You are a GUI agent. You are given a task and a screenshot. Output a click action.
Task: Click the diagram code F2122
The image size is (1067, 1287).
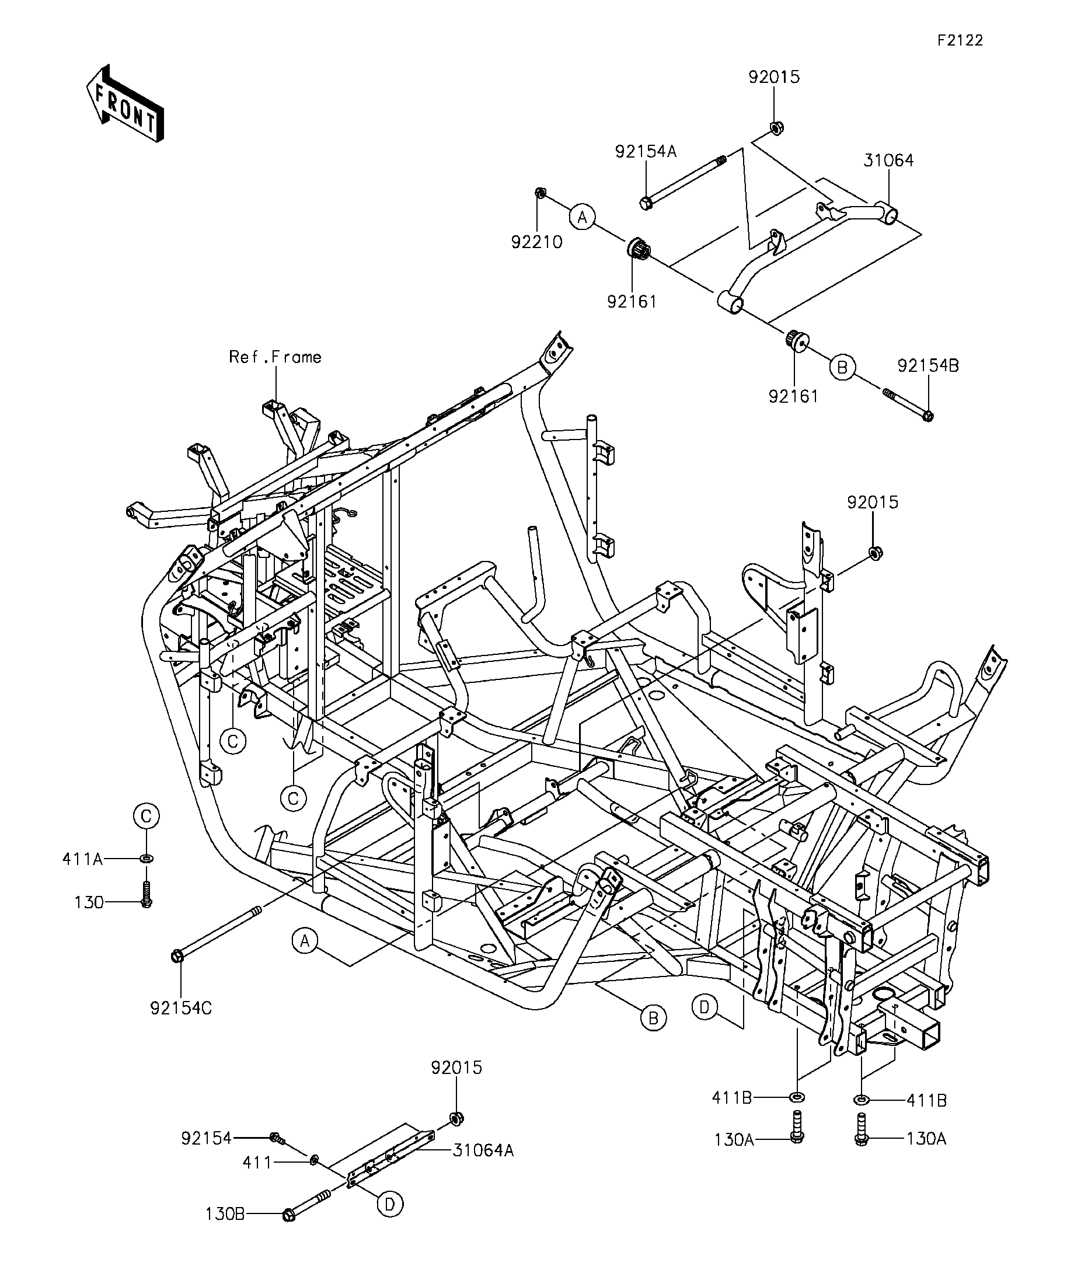960,40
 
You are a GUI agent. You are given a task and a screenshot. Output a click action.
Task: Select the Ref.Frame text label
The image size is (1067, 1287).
275,357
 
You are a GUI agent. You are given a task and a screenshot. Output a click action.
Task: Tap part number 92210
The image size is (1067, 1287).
537,242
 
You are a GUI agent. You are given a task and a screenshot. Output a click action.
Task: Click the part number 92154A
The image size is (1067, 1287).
646,151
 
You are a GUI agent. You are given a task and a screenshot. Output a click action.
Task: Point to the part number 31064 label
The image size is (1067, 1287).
888,161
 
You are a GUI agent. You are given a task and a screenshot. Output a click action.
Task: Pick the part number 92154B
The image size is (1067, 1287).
928,366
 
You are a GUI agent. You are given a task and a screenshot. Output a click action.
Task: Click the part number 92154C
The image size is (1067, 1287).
181,1008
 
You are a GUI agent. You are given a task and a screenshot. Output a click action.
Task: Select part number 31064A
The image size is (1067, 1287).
483,1150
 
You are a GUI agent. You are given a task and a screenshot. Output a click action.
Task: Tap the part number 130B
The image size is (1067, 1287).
225,1214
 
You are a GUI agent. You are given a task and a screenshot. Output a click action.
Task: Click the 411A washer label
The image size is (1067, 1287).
82,859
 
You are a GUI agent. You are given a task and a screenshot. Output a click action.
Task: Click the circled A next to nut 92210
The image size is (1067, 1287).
582,217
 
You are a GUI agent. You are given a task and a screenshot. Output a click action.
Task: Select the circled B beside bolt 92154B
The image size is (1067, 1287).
842,367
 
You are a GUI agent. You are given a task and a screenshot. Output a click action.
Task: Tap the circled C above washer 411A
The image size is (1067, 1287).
146,817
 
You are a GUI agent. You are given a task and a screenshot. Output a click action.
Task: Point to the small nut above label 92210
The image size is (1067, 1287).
541,193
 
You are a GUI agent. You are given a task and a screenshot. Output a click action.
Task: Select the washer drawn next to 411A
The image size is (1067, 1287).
147,859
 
